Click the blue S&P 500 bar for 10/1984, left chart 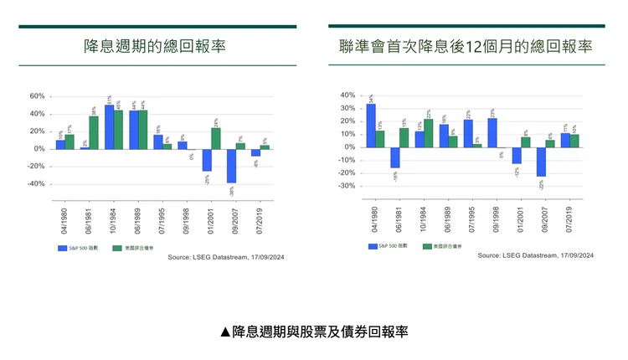(x=110, y=126)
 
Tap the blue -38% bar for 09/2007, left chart (x=231, y=166)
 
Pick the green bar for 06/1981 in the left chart (x=94, y=132)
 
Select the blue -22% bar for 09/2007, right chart (x=541, y=162)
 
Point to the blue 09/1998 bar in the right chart (x=492, y=132)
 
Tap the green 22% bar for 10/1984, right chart (x=429, y=133)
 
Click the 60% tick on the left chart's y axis (x=37, y=96)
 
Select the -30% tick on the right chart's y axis (x=345, y=186)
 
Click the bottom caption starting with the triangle (x=314, y=332)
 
